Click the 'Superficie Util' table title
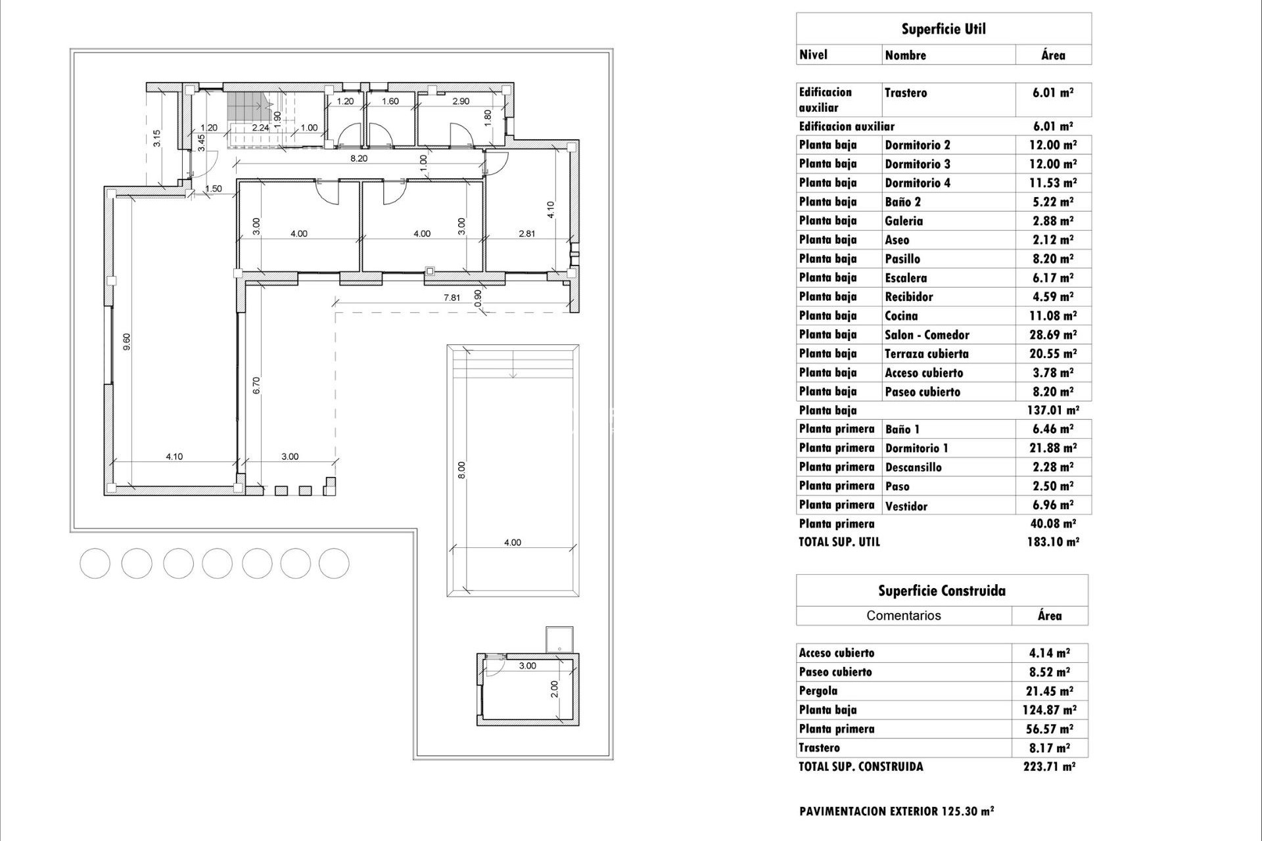943,29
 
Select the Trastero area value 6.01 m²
1052,93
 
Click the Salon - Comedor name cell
927,335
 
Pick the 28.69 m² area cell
1052,335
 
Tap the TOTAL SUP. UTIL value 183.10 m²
1052,542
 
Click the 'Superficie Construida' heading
941,591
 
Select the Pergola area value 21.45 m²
1049,691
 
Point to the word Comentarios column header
903,616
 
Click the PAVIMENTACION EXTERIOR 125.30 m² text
897,811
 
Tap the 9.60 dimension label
127,342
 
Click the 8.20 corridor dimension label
358,158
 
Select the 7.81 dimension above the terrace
452,298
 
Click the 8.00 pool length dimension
461,470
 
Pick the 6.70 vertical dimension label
257,385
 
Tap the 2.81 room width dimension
526,233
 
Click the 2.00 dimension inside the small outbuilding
554,689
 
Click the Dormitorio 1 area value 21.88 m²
1052,448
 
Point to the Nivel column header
813,55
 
